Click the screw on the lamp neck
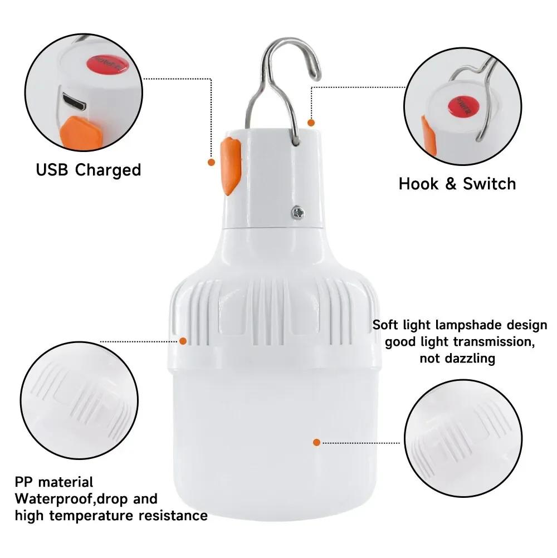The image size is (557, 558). tap(299, 212)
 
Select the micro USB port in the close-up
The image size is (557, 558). tap(74, 102)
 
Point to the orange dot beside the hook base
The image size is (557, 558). tap(311, 122)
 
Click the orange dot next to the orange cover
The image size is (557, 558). tap(211, 162)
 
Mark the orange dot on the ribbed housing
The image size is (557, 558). tap(183, 340)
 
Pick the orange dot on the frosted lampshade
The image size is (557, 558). tap(316, 442)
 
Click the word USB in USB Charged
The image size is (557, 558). tap(53, 169)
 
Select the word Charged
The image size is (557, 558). tap(108, 169)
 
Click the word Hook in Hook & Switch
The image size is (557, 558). tap(418, 184)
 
